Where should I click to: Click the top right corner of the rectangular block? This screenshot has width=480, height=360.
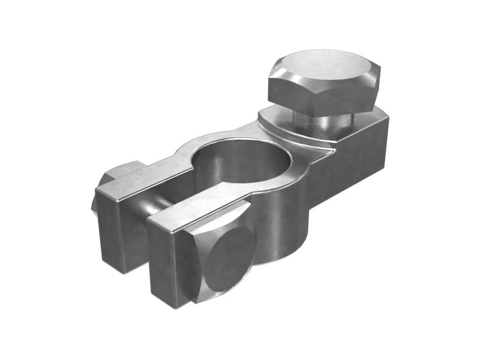[388, 118]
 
